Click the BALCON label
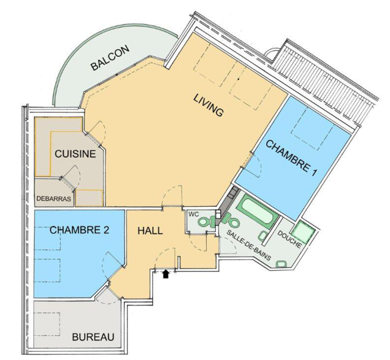tap(110, 58)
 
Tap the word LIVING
tap(208, 105)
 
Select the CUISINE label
tap(75, 154)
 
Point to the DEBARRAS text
tap(54, 199)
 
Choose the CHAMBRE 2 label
tap(79, 230)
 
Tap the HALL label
tap(150, 231)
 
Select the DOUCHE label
tap(289, 240)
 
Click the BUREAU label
tap(93, 337)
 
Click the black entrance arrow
tap(166, 274)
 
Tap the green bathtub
tap(257, 212)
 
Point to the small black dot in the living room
tap(238, 79)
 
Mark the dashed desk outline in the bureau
tap(47, 324)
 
